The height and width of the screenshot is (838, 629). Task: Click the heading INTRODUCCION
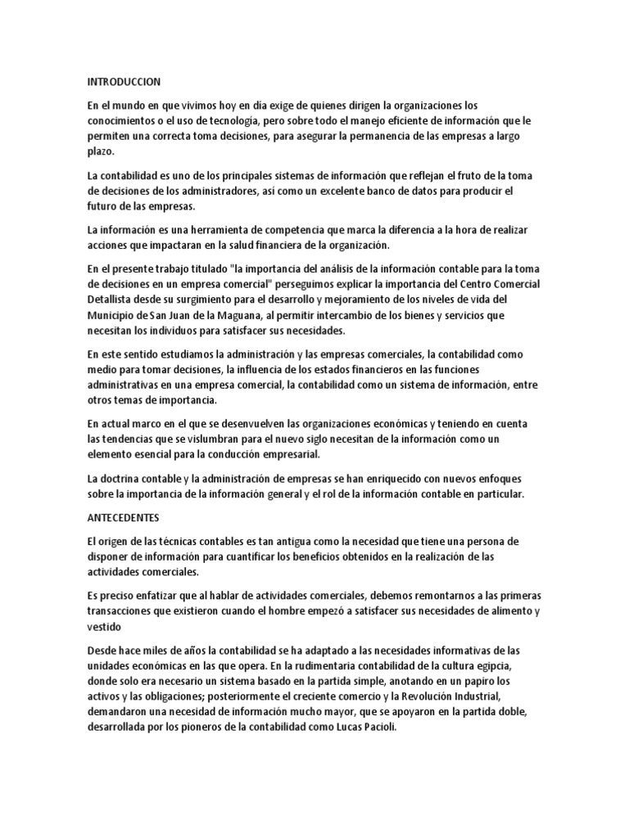[x=124, y=82]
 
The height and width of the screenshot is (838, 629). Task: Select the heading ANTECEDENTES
[x=123, y=518]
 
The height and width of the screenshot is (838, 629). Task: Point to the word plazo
[x=102, y=152]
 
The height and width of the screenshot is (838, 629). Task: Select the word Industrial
[x=488, y=697]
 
